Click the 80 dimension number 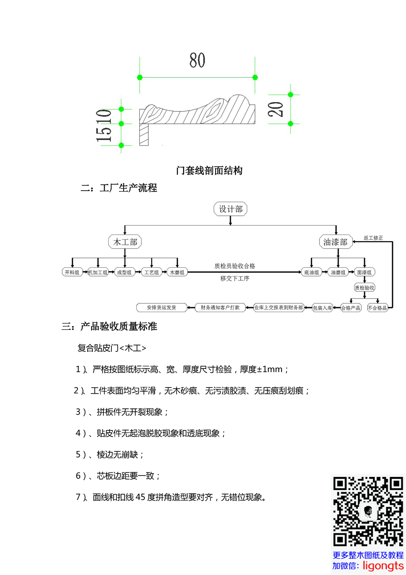197,60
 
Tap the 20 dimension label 276,109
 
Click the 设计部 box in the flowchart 230,209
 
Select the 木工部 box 125,242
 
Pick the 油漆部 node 336,242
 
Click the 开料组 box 72,272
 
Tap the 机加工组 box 98,272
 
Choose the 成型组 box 125,272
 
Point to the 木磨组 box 177,272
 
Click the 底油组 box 311,272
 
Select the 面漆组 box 364,272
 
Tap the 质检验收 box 364,287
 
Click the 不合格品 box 377,308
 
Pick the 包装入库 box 323,308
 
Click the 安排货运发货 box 161,308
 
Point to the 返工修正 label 373,238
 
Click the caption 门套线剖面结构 209,170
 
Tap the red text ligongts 384,566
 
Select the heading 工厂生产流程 129,188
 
